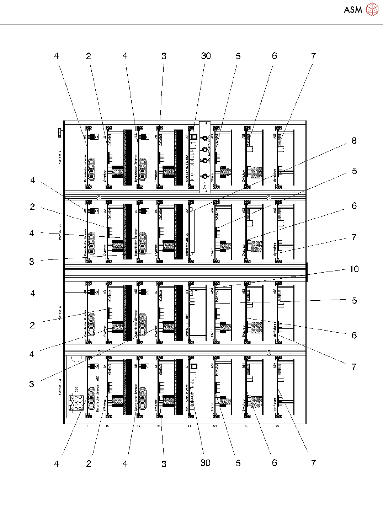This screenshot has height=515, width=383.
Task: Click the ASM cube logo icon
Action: coord(372,9)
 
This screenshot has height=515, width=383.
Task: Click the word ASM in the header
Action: coord(353,10)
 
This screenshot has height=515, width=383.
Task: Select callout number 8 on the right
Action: coord(354,141)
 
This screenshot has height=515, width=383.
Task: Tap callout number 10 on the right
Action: coord(354,269)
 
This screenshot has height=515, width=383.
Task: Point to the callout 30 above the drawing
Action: coord(206,56)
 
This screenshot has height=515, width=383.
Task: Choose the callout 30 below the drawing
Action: coord(206,463)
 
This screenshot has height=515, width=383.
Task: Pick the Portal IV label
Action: coord(60,231)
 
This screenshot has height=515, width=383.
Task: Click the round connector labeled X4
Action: coord(205,139)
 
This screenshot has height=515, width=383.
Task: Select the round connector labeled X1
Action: coord(205,176)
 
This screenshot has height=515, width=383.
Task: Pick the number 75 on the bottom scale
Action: coord(277,426)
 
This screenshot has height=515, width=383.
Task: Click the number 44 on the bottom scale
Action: coord(189,426)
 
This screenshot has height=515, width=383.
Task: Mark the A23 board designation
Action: coord(187,210)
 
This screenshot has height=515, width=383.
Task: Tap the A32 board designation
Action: coord(187,291)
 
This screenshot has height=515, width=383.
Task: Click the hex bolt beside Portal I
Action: coord(59,133)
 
